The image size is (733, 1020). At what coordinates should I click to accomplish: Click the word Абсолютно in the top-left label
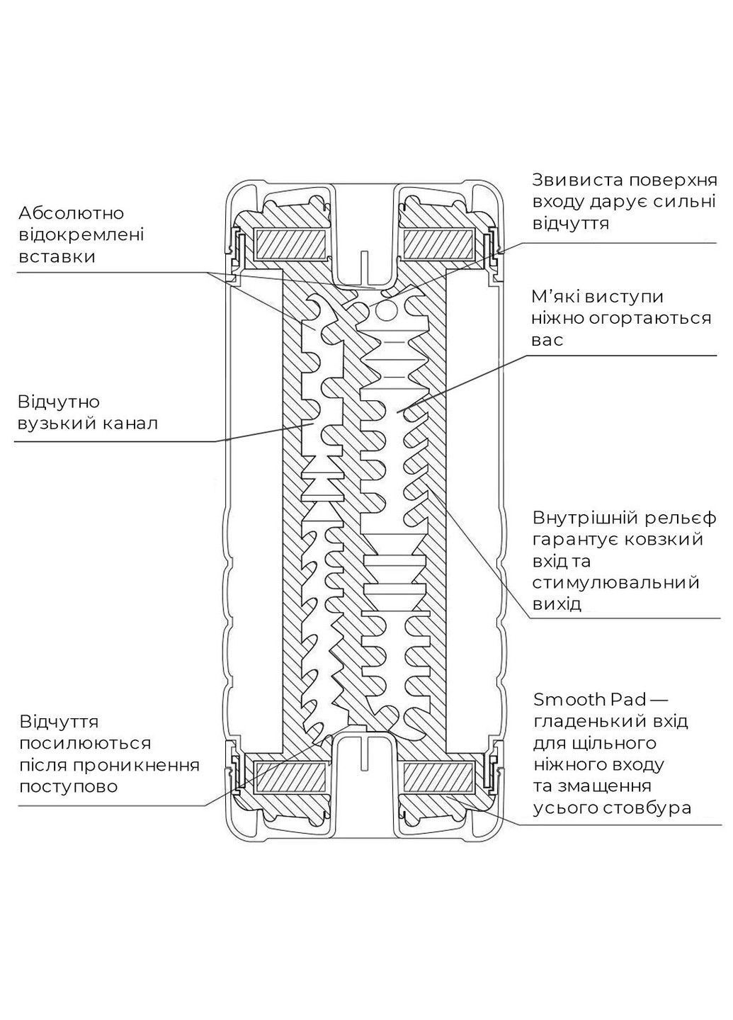[x=72, y=213]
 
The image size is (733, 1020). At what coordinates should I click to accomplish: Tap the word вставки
[x=58, y=256]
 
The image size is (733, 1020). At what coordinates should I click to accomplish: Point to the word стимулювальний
[x=615, y=582]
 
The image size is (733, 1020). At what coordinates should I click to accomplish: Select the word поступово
[x=68, y=786]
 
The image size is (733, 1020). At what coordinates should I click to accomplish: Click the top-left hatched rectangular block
[x=291, y=244]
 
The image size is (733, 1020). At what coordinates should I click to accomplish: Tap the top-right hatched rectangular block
[x=440, y=244]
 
